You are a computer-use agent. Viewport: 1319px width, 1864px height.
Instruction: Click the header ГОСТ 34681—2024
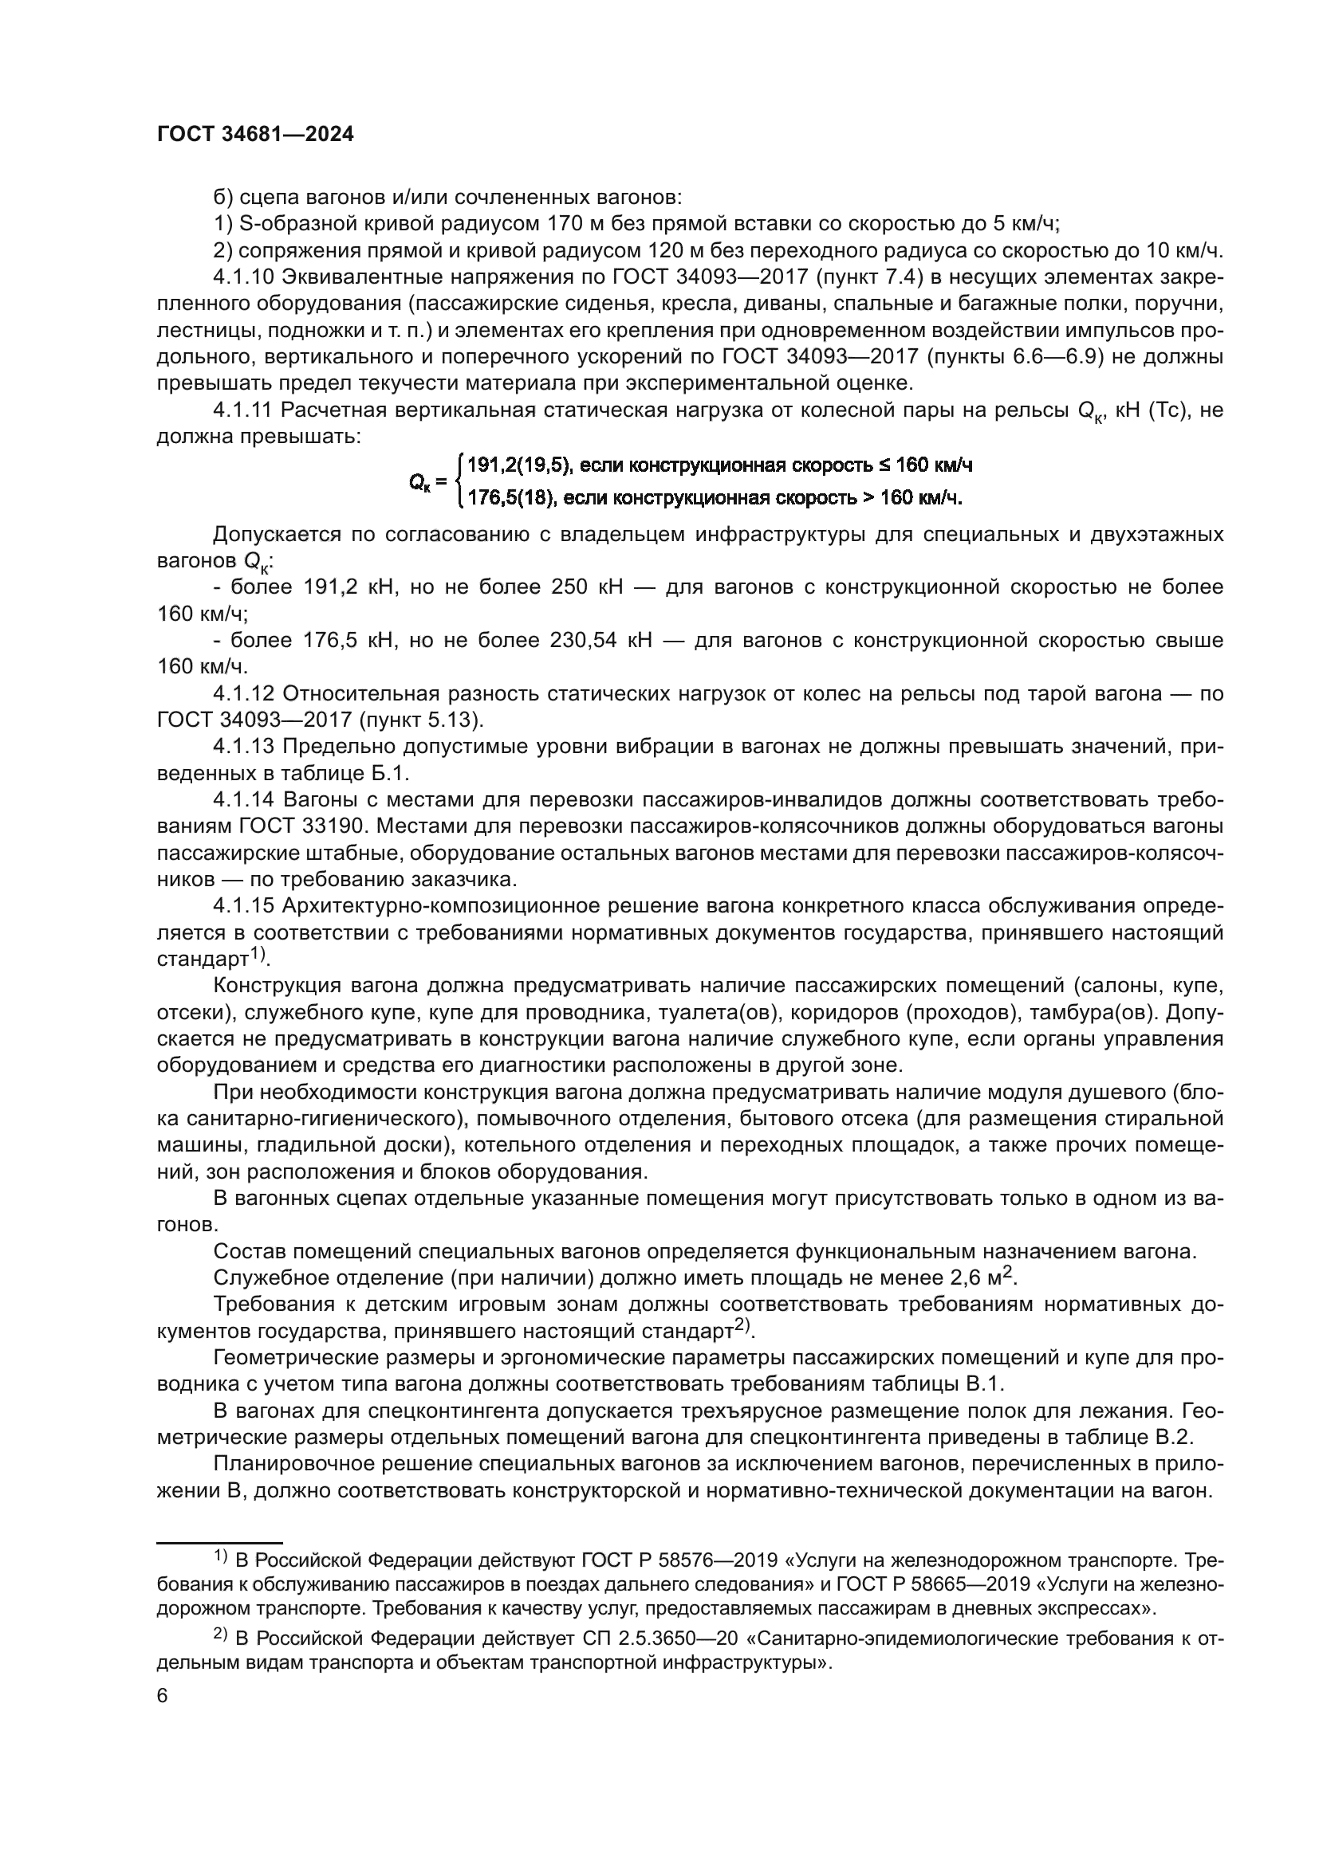(x=255, y=135)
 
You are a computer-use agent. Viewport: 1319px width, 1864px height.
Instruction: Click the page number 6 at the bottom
(x=163, y=1697)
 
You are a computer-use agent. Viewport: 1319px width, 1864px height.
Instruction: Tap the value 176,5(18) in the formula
(x=511, y=497)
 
